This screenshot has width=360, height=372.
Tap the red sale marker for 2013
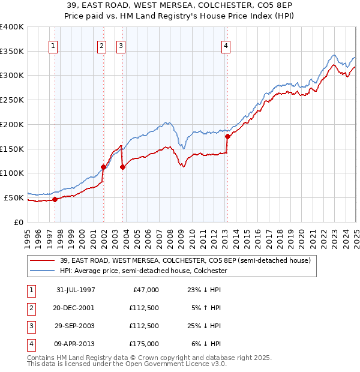pos(227,136)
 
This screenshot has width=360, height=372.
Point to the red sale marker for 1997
pos(55,199)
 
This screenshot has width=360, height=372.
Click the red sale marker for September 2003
pos(122,167)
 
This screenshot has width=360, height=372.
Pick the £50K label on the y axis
pos(14,197)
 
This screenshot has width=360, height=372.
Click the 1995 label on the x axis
pos(28,238)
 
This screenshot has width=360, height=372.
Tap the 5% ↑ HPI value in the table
pos(205,308)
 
